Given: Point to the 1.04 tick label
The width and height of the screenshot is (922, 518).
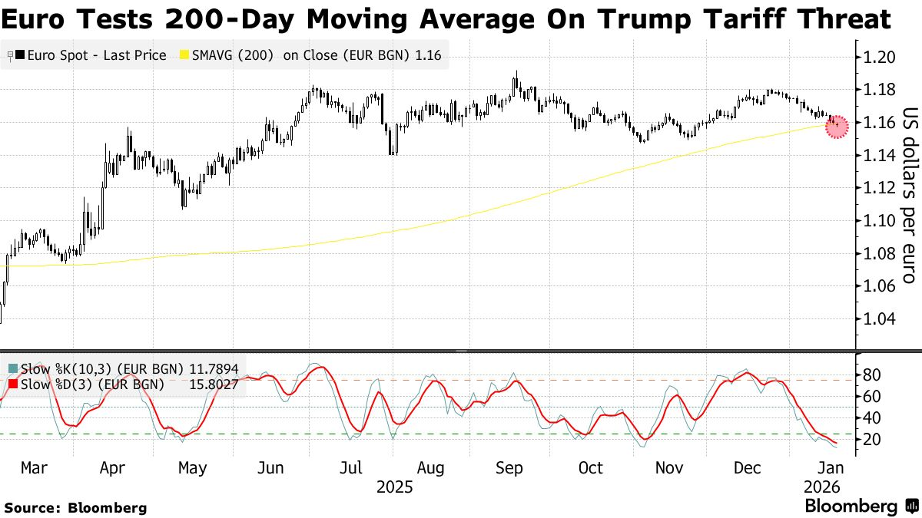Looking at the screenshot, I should coord(878,318).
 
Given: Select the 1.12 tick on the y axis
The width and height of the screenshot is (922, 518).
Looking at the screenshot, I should coord(878,188).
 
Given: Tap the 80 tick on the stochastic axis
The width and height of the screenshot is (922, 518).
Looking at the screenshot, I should coord(871,375).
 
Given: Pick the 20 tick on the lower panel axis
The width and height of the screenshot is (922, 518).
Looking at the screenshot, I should coord(871,439).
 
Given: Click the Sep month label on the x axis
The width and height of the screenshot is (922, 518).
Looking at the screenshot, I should coord(511,467).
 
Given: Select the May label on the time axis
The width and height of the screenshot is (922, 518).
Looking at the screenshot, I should coord(192,467).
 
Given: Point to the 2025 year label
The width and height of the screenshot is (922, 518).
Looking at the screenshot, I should coord(394,487).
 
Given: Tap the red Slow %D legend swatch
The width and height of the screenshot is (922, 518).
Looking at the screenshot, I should coord(12,384).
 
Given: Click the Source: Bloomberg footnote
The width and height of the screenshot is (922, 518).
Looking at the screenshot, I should coord(75,507).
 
